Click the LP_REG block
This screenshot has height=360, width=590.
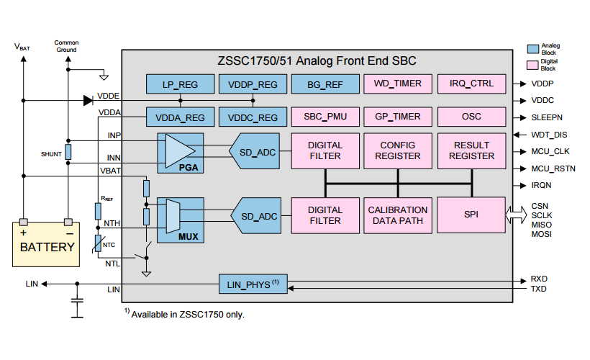pos(181,84)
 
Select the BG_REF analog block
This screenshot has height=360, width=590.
pos(325,84)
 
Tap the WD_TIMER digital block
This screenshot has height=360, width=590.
pos(398,84)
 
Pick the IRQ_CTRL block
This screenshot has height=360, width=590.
pos(471,84)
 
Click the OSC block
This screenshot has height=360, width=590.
pos(471,117)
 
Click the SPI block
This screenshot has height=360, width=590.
pos(471,215)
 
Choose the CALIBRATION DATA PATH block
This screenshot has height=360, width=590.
pos(398,215)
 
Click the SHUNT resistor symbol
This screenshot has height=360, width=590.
pos(68,152)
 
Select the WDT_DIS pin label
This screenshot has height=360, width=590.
pos(550,134)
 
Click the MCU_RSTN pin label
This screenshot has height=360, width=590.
pos(553,168)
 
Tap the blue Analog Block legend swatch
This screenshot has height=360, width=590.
pos(533,49)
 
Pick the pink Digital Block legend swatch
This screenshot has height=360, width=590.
pos(533,65)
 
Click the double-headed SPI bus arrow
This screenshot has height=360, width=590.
pos(517,215)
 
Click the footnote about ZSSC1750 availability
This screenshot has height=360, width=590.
pos(184,314)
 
